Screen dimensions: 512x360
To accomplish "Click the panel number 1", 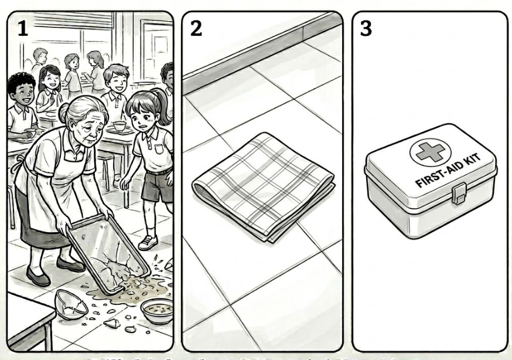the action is (x=22, y=28).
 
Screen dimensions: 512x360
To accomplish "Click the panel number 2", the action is (x=196, y=28).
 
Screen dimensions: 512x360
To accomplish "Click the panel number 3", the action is (x=366, y=28).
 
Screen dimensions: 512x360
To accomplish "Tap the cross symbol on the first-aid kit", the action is (x=431, y=152).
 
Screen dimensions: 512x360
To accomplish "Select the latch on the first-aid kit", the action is (x=459, y=193).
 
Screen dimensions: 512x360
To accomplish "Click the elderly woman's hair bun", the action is (x=64, y=113).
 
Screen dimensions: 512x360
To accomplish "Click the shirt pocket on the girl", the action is (x=159, y=149).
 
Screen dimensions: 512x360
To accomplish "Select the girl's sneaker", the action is (x=148, y=242).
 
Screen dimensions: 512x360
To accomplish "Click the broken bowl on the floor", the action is (x=70, y=304).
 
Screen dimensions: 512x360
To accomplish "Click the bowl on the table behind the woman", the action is (x=120, y=126).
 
